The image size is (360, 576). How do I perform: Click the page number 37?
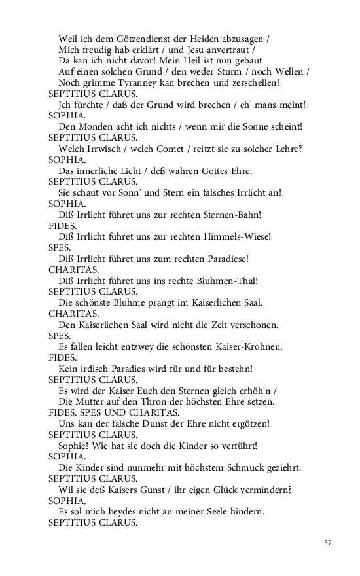(x=328, y=543)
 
